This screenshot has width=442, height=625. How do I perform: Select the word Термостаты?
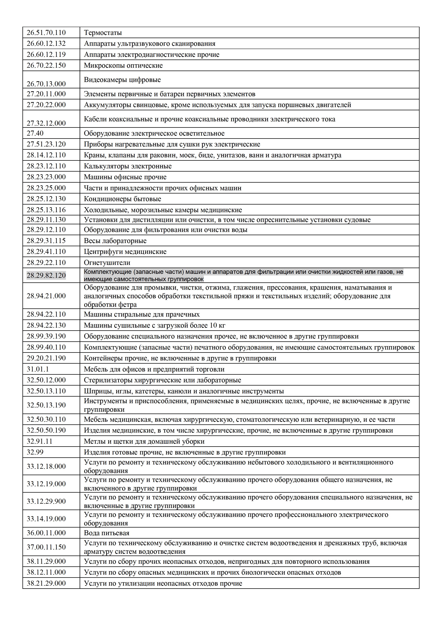[x=103, y=33]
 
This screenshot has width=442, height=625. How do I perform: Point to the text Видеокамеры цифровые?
[x=122, y=80]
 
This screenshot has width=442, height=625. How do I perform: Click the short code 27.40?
[x=35, y=133]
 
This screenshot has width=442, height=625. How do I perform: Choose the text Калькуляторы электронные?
[x=128, y=166]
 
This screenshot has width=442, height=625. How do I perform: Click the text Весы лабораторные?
[x=115, y=241]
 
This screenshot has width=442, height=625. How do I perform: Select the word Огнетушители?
[x=107, y=263]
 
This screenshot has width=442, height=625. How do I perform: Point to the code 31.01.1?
[x=38, y=369]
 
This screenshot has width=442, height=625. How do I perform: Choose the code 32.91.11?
[x=40, y=441]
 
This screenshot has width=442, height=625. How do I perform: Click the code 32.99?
[x=35, y=452]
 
